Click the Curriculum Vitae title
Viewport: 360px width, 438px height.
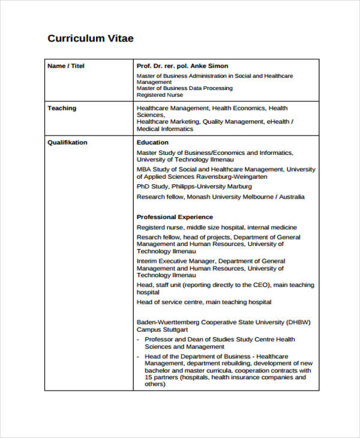click(90, 39)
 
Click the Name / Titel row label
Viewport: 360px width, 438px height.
click(66, 66)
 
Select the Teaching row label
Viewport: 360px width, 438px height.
click(62, 109)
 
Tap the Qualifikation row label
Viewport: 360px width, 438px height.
click(67, 143)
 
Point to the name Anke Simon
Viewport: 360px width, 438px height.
click(209, 66)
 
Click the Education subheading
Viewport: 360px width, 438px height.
click(152, 143)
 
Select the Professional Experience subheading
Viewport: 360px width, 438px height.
click(175, 217)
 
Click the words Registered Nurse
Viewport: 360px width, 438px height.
click(160, 95)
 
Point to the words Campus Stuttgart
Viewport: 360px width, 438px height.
click(163, 330)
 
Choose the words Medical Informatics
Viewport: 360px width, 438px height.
click(165, 129)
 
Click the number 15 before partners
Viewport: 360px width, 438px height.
click(149, 377)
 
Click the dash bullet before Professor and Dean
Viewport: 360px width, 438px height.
click(138, 340)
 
